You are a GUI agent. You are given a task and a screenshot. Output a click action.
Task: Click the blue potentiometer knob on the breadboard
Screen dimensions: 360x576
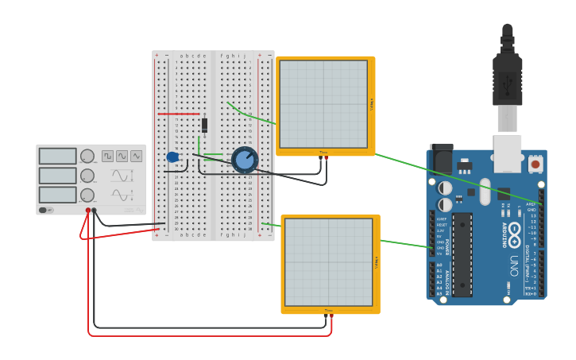pyautogui.click(x=245, y=160)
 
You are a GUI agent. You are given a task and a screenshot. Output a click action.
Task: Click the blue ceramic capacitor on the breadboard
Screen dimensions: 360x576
pyautogui.click(x=172, y=157)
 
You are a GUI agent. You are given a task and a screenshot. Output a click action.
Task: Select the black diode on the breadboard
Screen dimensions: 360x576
pyautogui.click(x=204, y=125)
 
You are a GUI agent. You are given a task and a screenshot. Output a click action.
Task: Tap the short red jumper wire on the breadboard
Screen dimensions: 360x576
pyautogui.click(x=179, y=114)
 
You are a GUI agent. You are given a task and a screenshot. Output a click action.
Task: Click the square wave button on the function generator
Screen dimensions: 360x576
pyautogui.click(x=107, y=157)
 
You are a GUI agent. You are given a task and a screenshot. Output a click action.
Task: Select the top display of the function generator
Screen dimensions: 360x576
pyautogui.click(x=57, y=157)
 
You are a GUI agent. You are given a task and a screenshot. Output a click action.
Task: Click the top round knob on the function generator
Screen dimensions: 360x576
pyautogui.click(x=87, y=157)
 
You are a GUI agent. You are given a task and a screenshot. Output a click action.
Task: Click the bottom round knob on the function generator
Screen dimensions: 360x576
pyautogui.click(x=87, y=195)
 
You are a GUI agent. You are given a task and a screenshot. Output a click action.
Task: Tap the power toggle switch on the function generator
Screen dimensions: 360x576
pyautogui.click(x=47, y=210)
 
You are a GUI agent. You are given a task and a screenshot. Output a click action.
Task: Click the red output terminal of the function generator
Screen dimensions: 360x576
pyautogui.click(x=88, y=211)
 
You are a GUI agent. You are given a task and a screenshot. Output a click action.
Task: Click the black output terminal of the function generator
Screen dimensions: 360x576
pyautogui.click(x=95, y=211)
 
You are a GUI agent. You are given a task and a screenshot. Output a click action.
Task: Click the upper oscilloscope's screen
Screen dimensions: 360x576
pyautogui.click(x=323, y=104)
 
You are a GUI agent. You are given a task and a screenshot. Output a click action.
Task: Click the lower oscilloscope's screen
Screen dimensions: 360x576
pyautogui.click(x=328, y=262)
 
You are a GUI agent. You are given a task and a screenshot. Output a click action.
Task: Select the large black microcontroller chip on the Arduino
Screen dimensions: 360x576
pyautogui.click(x=462, y=254)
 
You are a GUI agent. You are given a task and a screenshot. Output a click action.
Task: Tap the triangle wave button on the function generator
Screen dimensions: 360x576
pyautogui.click(x=137, y=157)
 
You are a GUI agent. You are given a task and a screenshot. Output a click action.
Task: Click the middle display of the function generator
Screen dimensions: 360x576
pyautogui.click(x=57, y=176)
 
